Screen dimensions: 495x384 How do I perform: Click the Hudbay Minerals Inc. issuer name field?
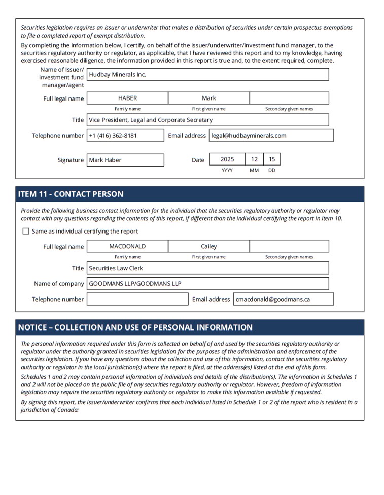(x=207, y=74)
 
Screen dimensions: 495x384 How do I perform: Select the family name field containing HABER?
(x=127, y=98)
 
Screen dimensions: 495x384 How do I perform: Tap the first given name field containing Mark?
(x=208, y=98)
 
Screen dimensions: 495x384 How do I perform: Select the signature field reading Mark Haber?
(x=125, y=160)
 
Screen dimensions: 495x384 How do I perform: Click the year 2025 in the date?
(x=227, y=159)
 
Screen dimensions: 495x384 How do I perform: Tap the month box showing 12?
(x=254, y=159)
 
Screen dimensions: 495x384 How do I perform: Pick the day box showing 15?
(x=272, y=159)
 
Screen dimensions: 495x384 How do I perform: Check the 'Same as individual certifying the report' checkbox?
(x=26, y=232)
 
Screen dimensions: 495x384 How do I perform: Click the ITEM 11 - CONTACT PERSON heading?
(x=71, y=194)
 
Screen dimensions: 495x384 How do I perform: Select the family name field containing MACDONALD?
(x=127, y=246)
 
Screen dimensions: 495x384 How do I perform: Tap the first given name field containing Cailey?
(x=208, y=246)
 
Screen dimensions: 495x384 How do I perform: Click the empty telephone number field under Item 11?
(x=137, y=299)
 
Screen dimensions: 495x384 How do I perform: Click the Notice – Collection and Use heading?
(x=135, y=327)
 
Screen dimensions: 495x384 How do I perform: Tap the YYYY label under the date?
(x=227, y=171)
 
